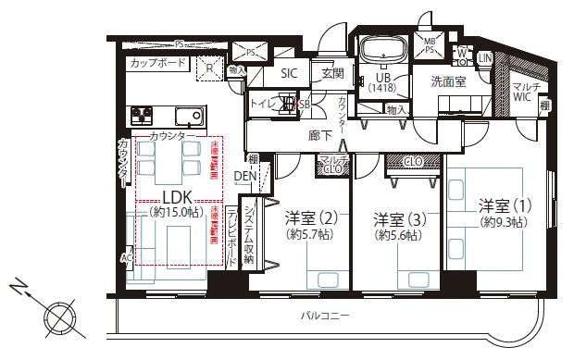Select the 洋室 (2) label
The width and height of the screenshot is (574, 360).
pyautogui.click(x=310, y=219)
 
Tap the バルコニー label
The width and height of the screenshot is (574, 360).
pyautogui.click(x=326, y=317)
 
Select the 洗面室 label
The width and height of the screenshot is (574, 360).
pyautogui.click(x=446, y=81)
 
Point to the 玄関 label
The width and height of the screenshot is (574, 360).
pyautogui.click(x=332, y=73)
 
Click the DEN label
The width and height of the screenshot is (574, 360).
pyautogui.click(x=245, y=176)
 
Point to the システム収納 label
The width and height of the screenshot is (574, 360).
pyautogui.click(x=248, y=230)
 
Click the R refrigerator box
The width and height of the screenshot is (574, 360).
pyautogui.click(x=210, y=67)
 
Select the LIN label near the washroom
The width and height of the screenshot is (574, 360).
pyautogui.click(x=484, y=57)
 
